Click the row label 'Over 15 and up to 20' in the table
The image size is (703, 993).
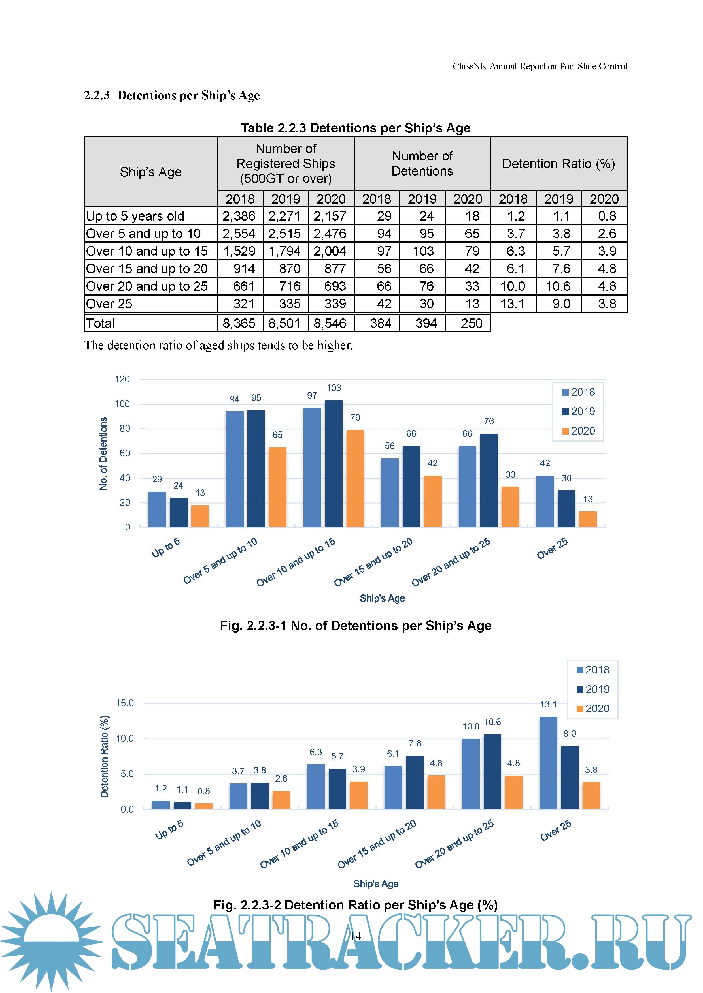click(x=147, y=269)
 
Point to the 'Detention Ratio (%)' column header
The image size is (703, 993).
click(x=558, y=164)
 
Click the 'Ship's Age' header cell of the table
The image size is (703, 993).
click(x=151, y=172)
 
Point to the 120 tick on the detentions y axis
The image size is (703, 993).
click(x=122, y=379)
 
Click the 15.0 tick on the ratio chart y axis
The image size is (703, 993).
click(x=125, y=703)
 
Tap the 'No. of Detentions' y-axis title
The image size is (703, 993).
click(x=103, y=453)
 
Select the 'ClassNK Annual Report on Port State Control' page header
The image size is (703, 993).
click(x=540, y=66)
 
